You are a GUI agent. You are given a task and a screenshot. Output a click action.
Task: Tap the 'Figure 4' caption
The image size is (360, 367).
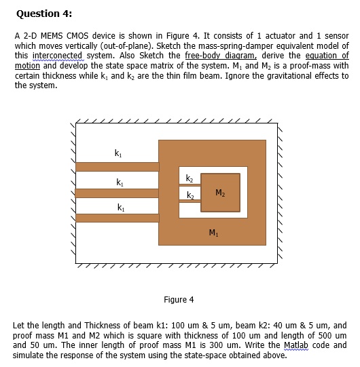tap(179, 299)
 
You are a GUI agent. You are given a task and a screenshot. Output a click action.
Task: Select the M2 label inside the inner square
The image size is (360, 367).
tap(219, 193)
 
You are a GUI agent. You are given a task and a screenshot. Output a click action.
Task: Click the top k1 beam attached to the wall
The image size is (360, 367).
tap(117, 167)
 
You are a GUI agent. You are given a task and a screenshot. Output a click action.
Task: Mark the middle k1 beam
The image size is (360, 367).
tap(117, 193)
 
